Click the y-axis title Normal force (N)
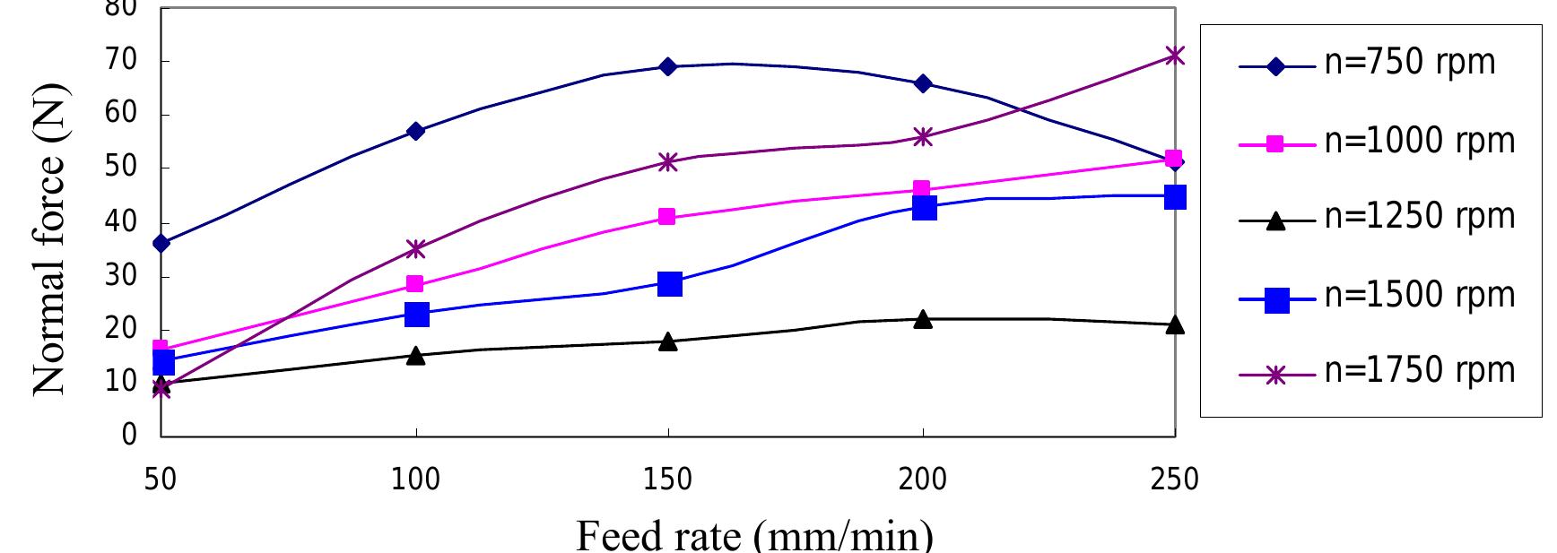(49, 239)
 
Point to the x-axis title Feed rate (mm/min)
(753, 534)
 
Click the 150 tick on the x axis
(668, 479)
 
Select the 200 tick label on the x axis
(922, 479)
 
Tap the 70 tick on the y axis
(126, 62)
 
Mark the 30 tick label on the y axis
(126, 276)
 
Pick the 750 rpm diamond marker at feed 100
(415, 131)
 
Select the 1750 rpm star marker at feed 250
(1175, 56)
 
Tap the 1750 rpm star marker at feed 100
(415, 248)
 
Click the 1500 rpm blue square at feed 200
(924, 208)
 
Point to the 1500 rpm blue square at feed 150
(669, 284)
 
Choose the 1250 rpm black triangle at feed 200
(923, 319)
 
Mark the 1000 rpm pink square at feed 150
(666, 217)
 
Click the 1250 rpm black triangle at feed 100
(415, 356)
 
